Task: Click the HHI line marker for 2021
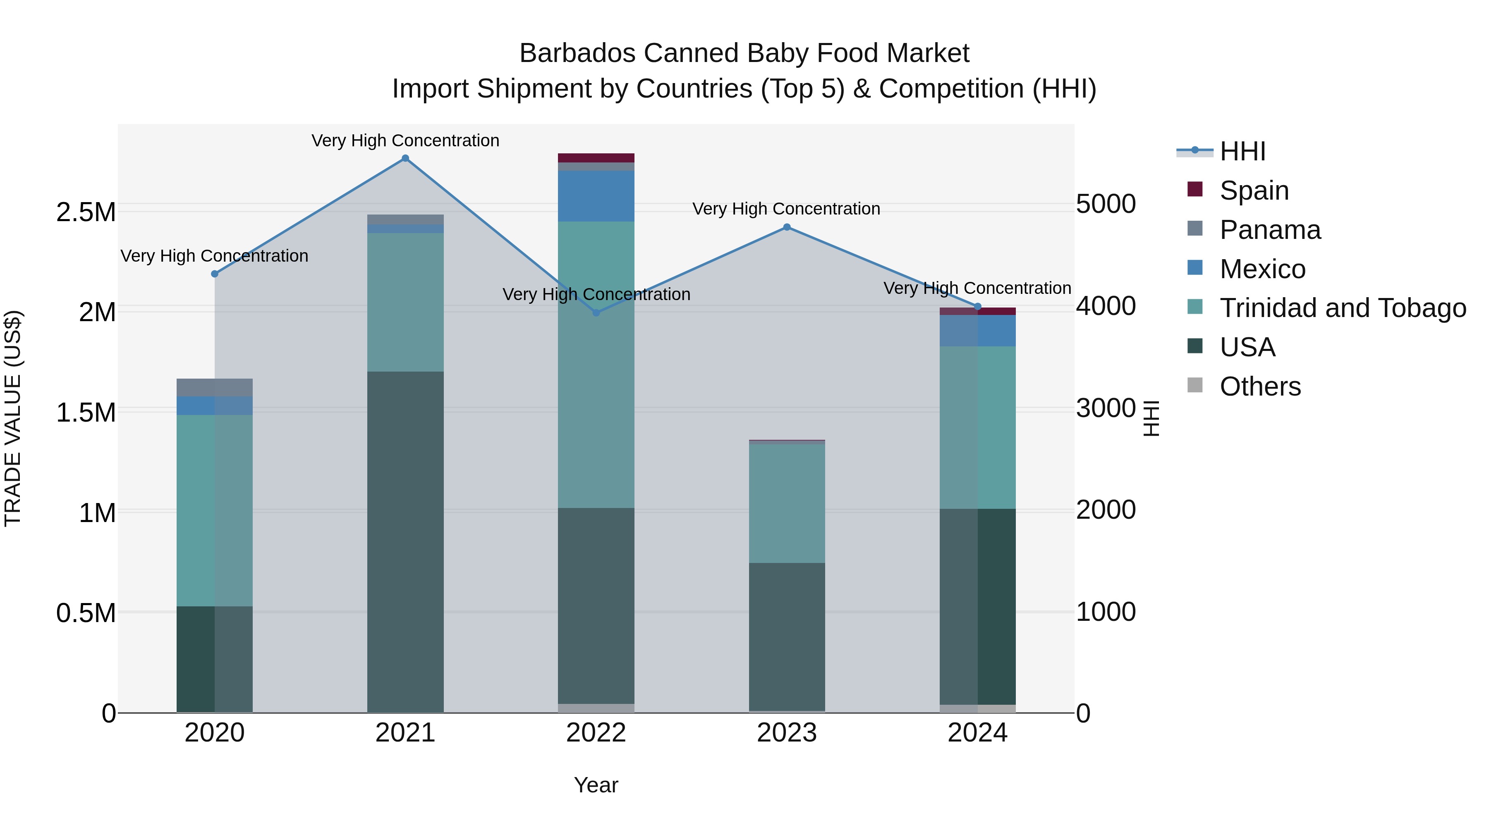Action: (405, 158)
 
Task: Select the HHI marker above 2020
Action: (214, 274)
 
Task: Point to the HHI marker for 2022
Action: (596, 313)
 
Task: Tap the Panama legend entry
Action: (1270, 230)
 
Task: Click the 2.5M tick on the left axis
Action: (86, 212)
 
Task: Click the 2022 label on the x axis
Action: (596, 733)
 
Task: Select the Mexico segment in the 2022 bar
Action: (596, 196)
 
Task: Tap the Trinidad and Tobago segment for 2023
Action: (787, 503)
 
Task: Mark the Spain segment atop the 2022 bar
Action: (596, 158)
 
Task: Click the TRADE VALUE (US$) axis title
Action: (13, 418)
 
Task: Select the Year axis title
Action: (596, 785)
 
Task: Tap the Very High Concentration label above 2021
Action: (405, 141)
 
